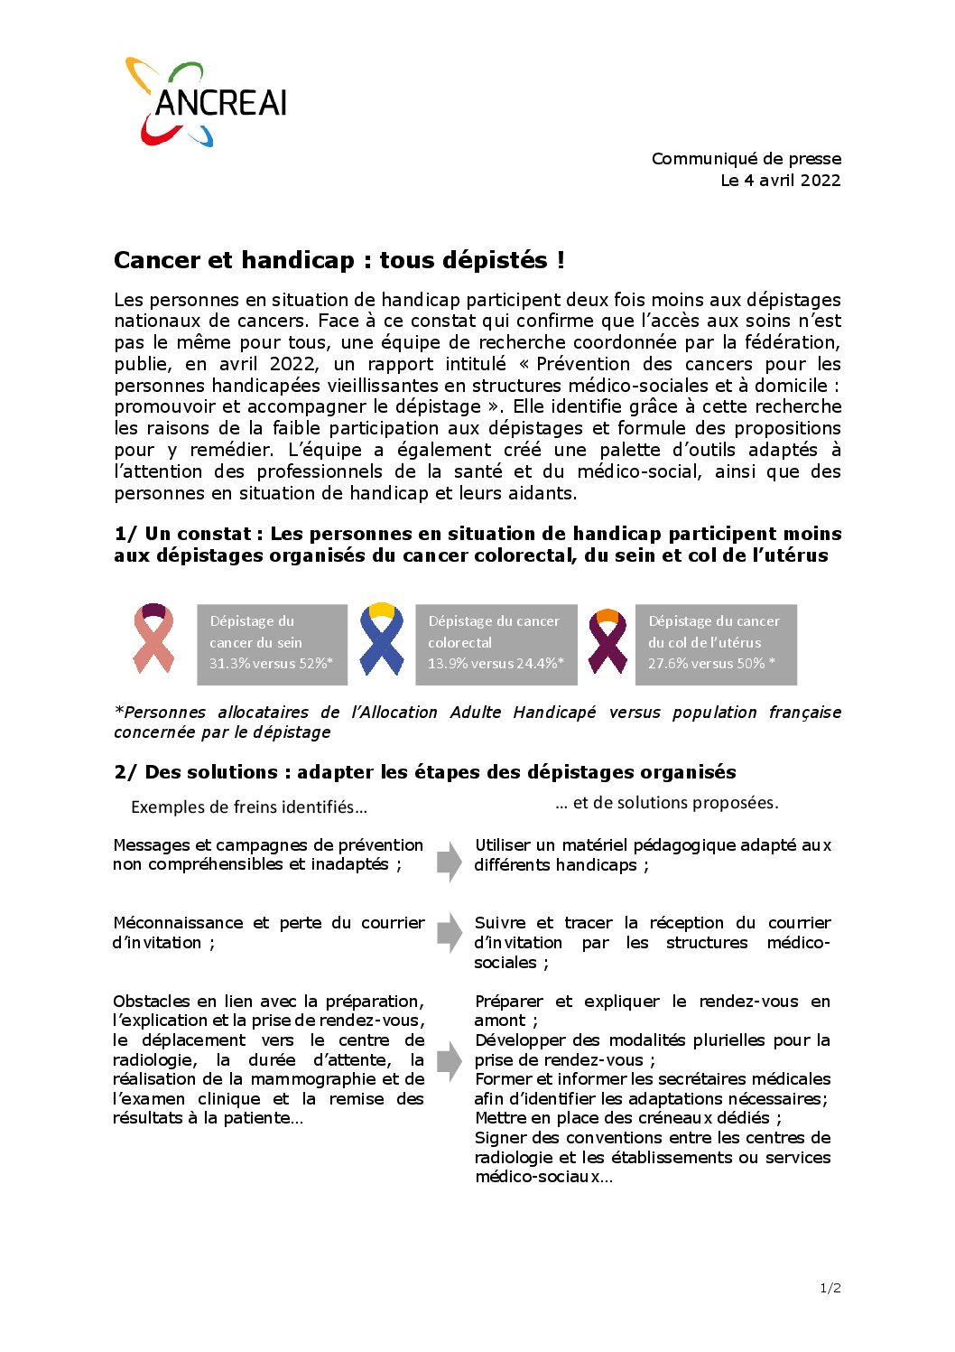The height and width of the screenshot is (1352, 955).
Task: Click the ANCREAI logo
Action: [x=206, y=102]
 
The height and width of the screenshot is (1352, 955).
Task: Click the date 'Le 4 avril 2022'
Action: [x=780, y=180]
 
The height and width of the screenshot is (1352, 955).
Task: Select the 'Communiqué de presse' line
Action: [x=746, y=158]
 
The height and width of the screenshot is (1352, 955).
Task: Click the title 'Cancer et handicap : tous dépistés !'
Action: [x=339, y=260]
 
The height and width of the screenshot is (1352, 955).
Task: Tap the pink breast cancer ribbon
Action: [x=153, y=639]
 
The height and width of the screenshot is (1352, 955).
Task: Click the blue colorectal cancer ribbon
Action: [x=382, y=639]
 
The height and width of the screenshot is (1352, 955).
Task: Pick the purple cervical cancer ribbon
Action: [x=607, y=641]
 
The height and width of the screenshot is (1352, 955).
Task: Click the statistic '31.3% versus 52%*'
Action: [x=271, y=664]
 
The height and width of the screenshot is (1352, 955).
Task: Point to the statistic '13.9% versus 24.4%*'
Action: [x=496, y=664]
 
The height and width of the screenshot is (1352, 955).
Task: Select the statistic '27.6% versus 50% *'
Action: [x=711, y=664]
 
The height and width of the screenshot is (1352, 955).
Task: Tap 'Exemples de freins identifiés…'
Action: [x=249, y=807]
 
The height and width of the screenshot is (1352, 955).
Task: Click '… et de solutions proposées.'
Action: [x=666, y=802]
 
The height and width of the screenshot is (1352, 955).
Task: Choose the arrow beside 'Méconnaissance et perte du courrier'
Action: [x=449, y=932]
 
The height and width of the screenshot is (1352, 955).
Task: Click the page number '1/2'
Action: [x=830, y=1288]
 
